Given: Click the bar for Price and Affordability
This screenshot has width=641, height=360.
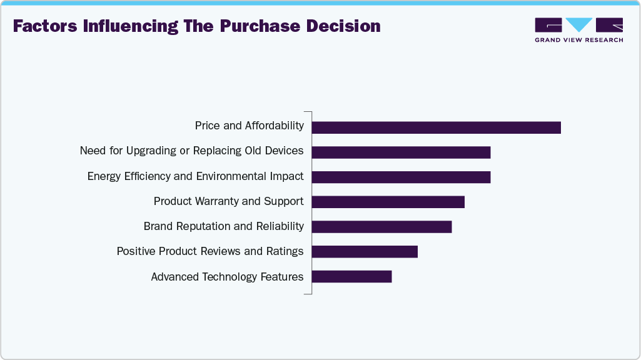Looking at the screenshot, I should [436, 127].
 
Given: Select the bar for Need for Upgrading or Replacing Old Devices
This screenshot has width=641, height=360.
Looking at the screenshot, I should [401, 152].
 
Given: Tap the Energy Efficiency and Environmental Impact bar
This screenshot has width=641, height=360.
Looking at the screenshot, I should [401, 177].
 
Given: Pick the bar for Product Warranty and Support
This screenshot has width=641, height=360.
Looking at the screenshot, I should [388, 202].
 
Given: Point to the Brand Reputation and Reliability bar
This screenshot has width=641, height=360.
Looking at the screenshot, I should [381, 227].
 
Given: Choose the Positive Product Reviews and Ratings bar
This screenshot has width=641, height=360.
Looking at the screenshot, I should [364, 251].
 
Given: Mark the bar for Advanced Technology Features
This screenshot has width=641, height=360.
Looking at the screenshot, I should [351, 276].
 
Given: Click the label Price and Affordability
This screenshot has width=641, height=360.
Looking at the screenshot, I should [249, 126].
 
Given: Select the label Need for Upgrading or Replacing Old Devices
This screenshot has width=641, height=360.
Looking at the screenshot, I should [191, 151].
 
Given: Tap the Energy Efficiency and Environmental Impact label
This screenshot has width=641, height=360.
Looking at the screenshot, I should [195, 176].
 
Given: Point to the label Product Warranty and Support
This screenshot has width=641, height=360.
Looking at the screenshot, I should [228, 201].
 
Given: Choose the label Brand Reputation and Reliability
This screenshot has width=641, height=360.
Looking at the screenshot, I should [223, 226].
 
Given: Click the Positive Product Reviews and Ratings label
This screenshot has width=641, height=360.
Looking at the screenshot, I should [209, 251].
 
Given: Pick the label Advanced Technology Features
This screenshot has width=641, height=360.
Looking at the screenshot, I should [227, 276].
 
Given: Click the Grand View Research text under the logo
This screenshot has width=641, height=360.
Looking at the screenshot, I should [578, 40].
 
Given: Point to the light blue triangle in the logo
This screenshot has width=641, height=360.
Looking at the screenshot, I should [579, 24].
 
